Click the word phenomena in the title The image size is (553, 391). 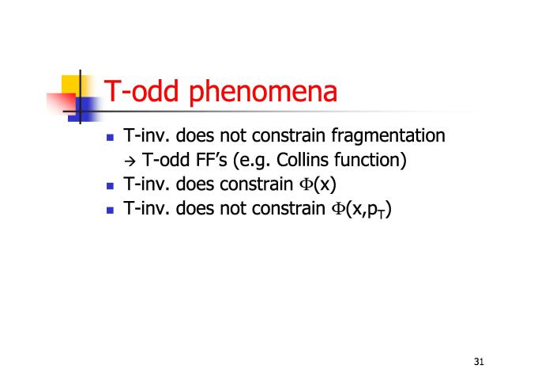coord(263,93)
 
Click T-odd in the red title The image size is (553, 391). coord(141,91)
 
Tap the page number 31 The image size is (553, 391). coord(479,362)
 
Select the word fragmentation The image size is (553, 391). coord(389,136)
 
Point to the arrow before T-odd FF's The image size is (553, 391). coord(130,161)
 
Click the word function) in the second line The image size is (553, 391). coord(371,160)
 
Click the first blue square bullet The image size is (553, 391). coord(110,138)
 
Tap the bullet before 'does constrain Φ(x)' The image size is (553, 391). coord(110,186)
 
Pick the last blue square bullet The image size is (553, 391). coord(110,211)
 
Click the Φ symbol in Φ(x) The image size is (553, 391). coord(306,184)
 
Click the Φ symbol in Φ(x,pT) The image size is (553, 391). coord(337,208)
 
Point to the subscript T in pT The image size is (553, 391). coord(382,214)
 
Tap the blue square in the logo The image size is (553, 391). coord(84,109)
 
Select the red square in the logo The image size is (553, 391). coord(61,104)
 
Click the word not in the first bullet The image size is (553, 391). coord(233,135)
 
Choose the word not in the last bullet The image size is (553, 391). coord(233,208)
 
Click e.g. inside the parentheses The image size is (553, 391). coord(255,161)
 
